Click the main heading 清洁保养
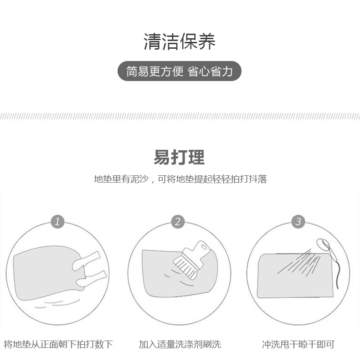pyautogui.click(x=180, y=41)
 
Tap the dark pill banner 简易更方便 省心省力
pyautogui.click(x=180, y=71)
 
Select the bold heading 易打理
pyautogui.click(x=179, y=157)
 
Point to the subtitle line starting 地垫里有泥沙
pyautogui.click(x=180, y=179)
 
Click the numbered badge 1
pyautogui.click(x=57, y=222)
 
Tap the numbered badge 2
pyautogui.click(x=178, y=222)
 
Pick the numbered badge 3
pyautogui.click(x=298, y=222)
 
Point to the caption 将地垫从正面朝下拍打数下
pyautogui.click(x=58, y=344)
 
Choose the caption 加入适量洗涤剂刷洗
pyautogui.click(x=180, y=344)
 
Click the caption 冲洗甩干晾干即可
pyautogui.click(x=298, y=344)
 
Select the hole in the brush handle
pyautogui.click(x=204, y=248)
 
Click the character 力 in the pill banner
pyautogui.click(x=227, y=71)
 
